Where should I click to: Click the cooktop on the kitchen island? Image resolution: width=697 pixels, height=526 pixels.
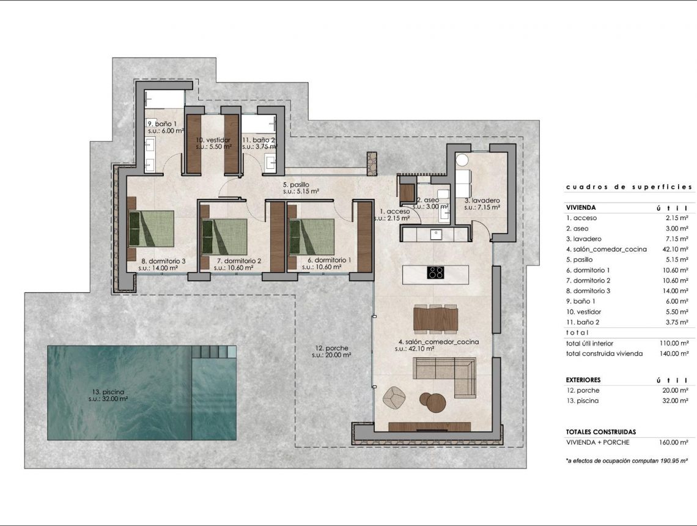pyautogui.click(x=435, y=273)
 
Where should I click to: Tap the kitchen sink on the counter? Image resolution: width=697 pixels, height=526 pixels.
pyautogui.click(x=436, y=234)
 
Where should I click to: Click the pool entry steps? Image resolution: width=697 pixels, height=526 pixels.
pyautogui.click(x=213, y=352)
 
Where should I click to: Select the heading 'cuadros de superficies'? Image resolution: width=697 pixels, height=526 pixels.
pyautogui.click(x=629, y=187)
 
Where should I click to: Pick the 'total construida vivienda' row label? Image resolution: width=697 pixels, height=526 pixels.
pyautogui.click(x=604, y=354)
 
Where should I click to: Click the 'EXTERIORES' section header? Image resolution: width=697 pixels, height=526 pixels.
pyautogui.click(x=583, y=380)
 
